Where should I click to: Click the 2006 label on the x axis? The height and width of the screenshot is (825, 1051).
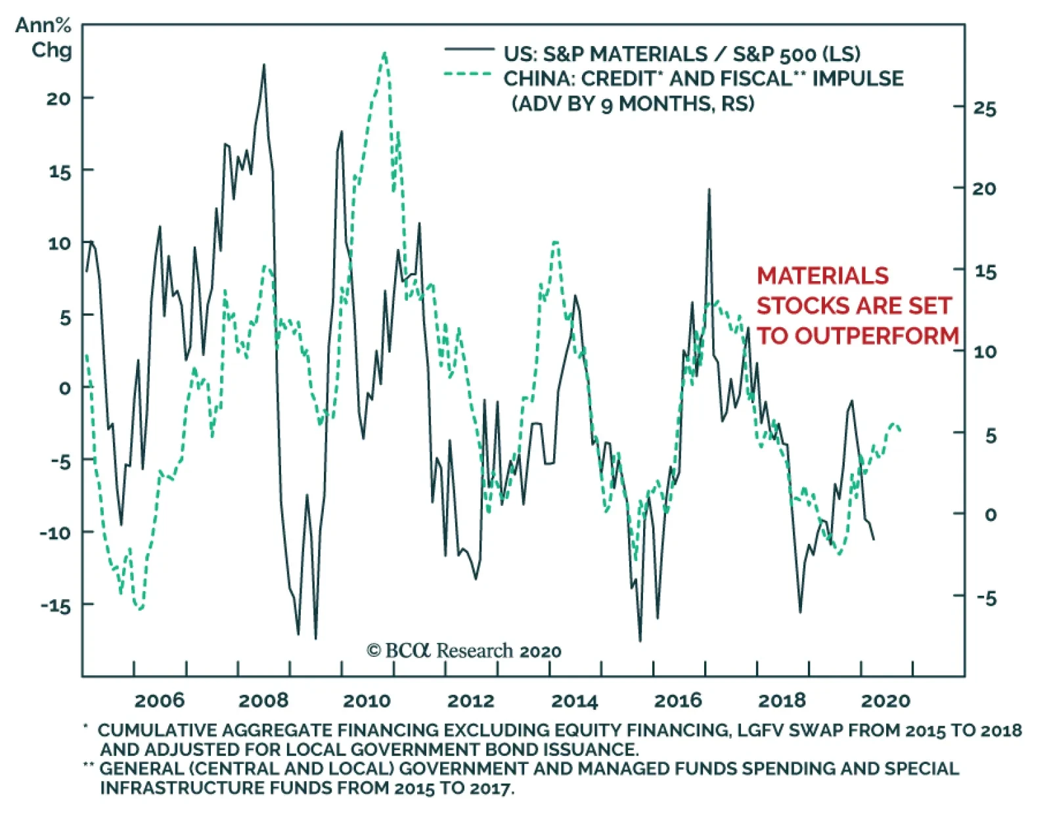pos(159,700)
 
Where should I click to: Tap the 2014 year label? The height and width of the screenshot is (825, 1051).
pos(574,700)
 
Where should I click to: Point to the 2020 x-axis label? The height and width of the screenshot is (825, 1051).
pos(885,700)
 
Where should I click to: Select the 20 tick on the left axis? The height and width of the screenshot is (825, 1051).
pos(58,99)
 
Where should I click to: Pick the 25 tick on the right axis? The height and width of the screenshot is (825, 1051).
pos(985,108)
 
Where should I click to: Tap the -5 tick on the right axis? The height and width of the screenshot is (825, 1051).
pos(986,597)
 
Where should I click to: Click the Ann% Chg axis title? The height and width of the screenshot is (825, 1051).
pos(44,37)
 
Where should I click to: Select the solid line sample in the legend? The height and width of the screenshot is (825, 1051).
pos(469,49)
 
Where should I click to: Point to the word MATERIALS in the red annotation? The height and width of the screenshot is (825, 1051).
pos(822,276)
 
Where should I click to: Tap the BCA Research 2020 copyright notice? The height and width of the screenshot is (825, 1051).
pos(464,651)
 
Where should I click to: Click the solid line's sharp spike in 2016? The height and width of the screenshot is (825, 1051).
pos(709,190)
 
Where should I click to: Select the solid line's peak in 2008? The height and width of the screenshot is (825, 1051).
pos(264,64)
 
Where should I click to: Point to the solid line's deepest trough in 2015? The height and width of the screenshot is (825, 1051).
pos(640,640)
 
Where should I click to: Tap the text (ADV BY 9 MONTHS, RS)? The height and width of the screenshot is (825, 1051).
pos(633,104)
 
